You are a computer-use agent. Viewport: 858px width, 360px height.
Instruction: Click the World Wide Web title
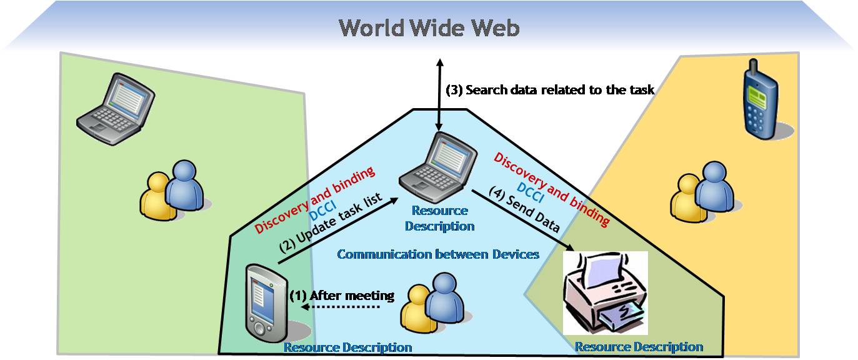[429, 28]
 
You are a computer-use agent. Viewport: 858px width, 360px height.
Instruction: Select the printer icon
[605, 292]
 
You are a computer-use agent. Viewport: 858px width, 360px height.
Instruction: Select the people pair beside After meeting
[432, 302]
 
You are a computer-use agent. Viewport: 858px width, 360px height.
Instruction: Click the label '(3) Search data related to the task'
[550, 90]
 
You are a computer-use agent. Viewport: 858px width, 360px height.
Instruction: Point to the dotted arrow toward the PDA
[340, 307]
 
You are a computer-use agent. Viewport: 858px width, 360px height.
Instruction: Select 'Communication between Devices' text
[438, 254]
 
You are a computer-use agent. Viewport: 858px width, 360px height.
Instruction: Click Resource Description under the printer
[639, 347]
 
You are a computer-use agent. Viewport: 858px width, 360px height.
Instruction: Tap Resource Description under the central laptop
[439, 218]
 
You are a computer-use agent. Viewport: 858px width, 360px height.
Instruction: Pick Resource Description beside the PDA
[347, 347]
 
